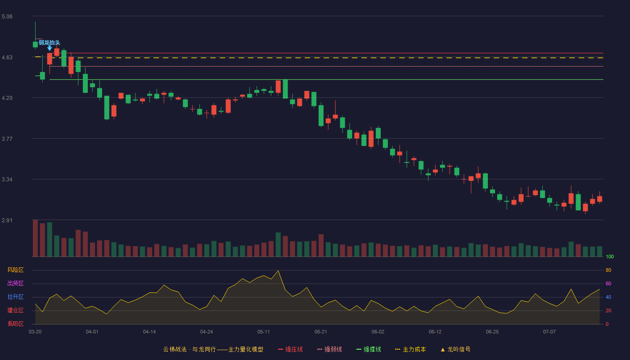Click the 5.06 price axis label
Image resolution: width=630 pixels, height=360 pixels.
[x=7, y=17]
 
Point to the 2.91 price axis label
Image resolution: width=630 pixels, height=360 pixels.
[x=7, y=220]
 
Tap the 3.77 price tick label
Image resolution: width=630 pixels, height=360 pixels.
[x=7, y=139]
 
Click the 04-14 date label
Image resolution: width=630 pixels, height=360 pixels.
[x=149, y=332]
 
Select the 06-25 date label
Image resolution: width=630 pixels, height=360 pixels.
[x=492, y=332]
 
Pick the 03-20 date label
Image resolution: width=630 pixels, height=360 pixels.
[x=35, y=332]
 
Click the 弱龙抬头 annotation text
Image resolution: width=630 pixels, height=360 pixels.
[x=49, y=43]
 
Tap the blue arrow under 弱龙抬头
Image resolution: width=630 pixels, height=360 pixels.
[x=49, y=49]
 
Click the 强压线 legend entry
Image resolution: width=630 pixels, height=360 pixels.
[x=290, y=349]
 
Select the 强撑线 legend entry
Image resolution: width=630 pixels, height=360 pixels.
[x=369, y=349]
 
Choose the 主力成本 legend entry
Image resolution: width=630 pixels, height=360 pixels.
[x=410, y=349]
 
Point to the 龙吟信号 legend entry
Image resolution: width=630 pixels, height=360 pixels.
[x=455, y=349]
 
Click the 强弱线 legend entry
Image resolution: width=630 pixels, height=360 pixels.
[x=329, y=349]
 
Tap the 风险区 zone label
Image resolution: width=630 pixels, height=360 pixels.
[x=15, y=270]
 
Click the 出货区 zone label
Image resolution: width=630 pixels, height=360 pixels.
[x=15, y=283]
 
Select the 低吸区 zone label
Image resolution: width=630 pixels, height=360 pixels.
[x=15, y=324]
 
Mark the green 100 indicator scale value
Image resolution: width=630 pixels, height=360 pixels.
[x=610, y=256]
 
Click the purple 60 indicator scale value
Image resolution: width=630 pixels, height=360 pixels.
[x=608, y=283]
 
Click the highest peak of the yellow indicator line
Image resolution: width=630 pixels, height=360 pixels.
[x=278, y=271]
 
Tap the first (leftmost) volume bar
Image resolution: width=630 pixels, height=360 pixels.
[x=35, y=238]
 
